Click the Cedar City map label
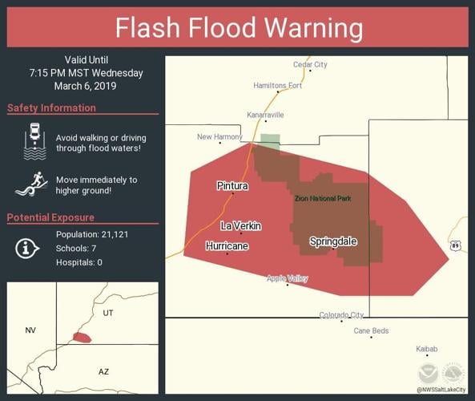click(x=310, y=64)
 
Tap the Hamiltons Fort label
click(x=277, y=85)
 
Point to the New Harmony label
click(x=220, y=137)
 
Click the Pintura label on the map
click(x=232, y=186)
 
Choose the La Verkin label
click(x=241, y=226)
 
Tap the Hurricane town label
click(x=227, y=246)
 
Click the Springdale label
click(x=333, y=241)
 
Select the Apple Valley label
click(x=287, y=278)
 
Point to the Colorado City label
click(x=341, y=315)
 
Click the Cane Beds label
click(x=371, y=330)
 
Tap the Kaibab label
click(x=427, y=349)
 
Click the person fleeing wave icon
click(x=31, y=185)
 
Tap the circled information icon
click(x=27, y=248)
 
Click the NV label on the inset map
click(x=30, y=330)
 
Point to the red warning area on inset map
click(x=81, y=338)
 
